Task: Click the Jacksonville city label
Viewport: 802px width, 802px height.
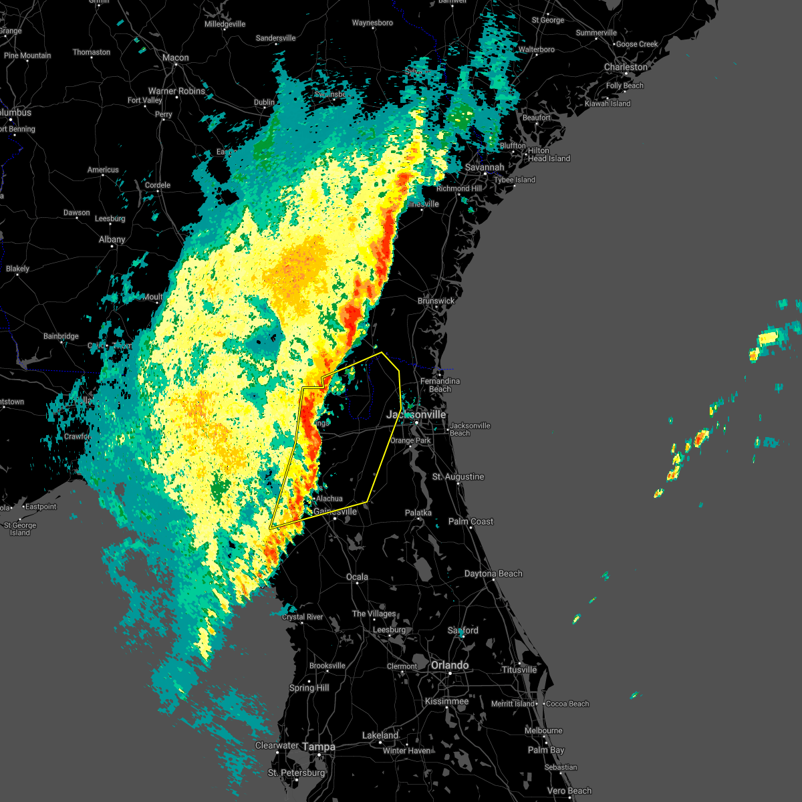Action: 416,414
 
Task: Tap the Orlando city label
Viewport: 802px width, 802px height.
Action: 450,665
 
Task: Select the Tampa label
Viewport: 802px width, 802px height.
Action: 319,747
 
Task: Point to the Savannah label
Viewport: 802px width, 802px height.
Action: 485,167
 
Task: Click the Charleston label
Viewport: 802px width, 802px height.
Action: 626,67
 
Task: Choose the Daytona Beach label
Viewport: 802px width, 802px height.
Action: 493,573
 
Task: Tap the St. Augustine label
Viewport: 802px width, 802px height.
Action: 458,477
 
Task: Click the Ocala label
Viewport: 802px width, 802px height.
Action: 357,577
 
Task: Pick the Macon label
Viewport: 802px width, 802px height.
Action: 176,57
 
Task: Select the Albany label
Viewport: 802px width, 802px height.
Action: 112,239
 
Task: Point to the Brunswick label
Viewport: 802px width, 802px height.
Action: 436,301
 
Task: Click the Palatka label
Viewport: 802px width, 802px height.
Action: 418,513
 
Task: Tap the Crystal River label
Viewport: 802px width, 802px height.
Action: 302,617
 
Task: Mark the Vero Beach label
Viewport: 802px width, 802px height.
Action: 569,791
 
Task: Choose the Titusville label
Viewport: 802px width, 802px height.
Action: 519,670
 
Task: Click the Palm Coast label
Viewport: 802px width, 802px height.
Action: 471,521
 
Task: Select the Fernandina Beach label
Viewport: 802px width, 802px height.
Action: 440,385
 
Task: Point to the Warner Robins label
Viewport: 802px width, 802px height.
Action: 176,91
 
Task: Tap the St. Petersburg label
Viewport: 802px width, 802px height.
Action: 296,773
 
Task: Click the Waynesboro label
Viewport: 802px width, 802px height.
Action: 372,23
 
